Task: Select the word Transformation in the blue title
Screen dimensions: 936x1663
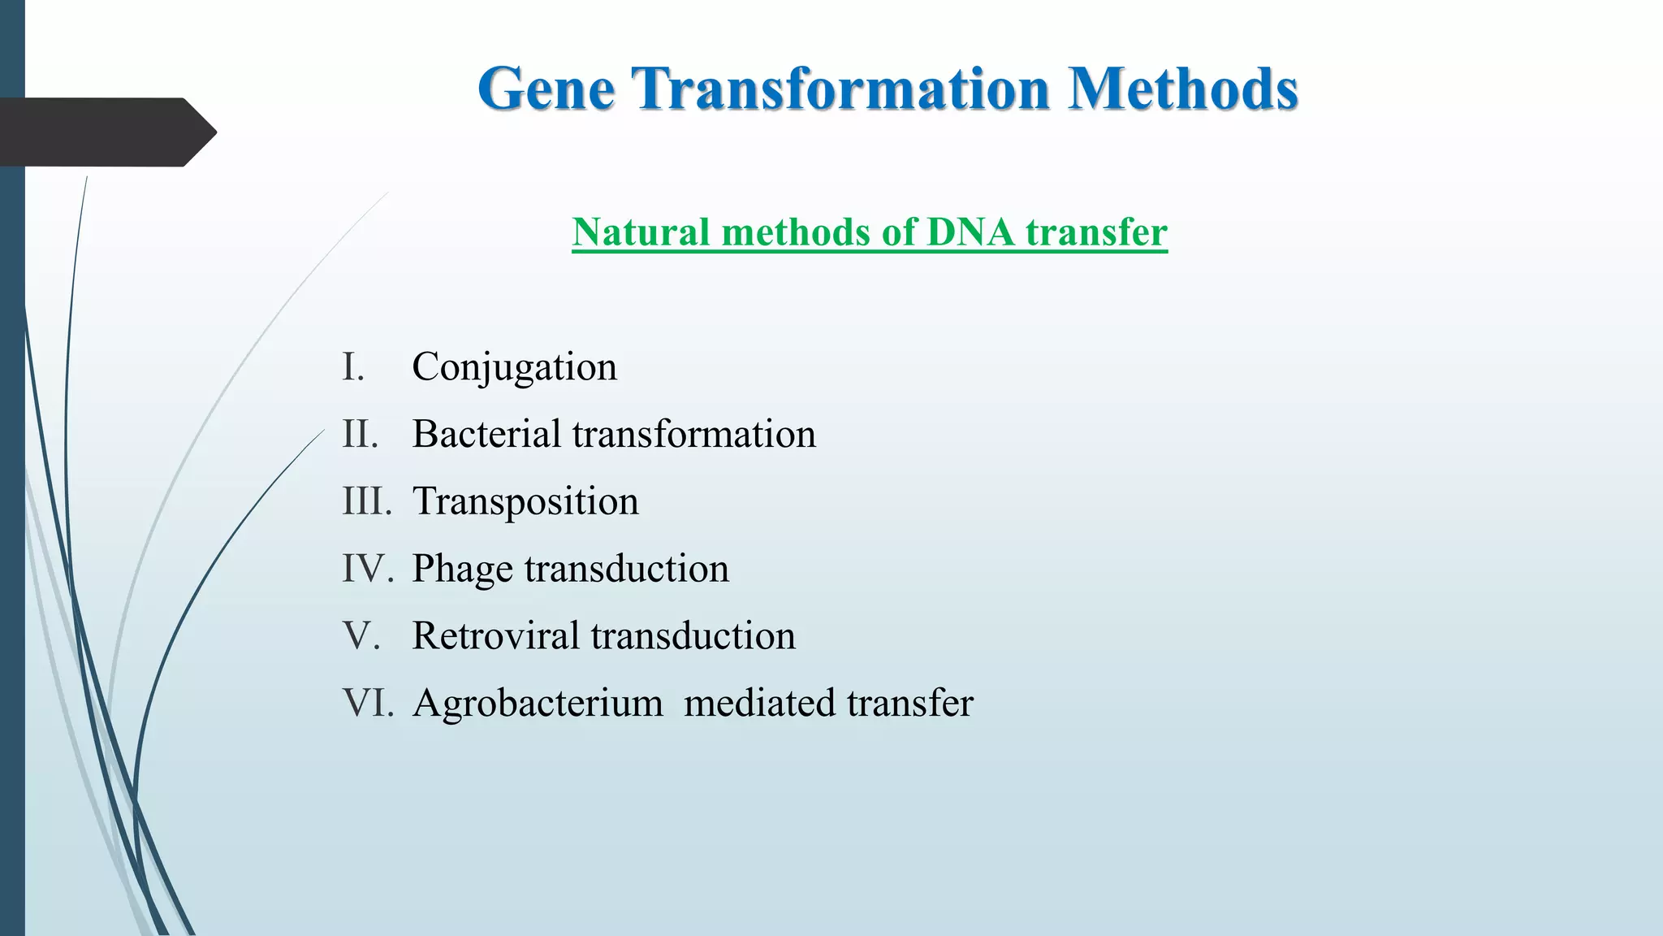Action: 841,89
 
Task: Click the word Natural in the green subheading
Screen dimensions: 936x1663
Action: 641,232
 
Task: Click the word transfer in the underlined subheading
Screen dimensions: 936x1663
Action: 1096,232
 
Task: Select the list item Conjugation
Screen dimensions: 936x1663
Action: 514,367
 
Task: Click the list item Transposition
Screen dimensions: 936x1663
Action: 525,501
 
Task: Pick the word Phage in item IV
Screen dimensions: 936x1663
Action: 462,569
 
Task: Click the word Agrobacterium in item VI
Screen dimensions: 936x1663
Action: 537,703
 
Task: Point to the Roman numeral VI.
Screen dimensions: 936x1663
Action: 367,703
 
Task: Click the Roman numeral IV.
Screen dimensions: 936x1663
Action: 367,569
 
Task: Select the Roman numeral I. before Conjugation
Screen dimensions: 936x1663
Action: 353,367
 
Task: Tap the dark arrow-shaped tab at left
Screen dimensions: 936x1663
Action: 106,132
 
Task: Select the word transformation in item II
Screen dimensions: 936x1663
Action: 693,434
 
